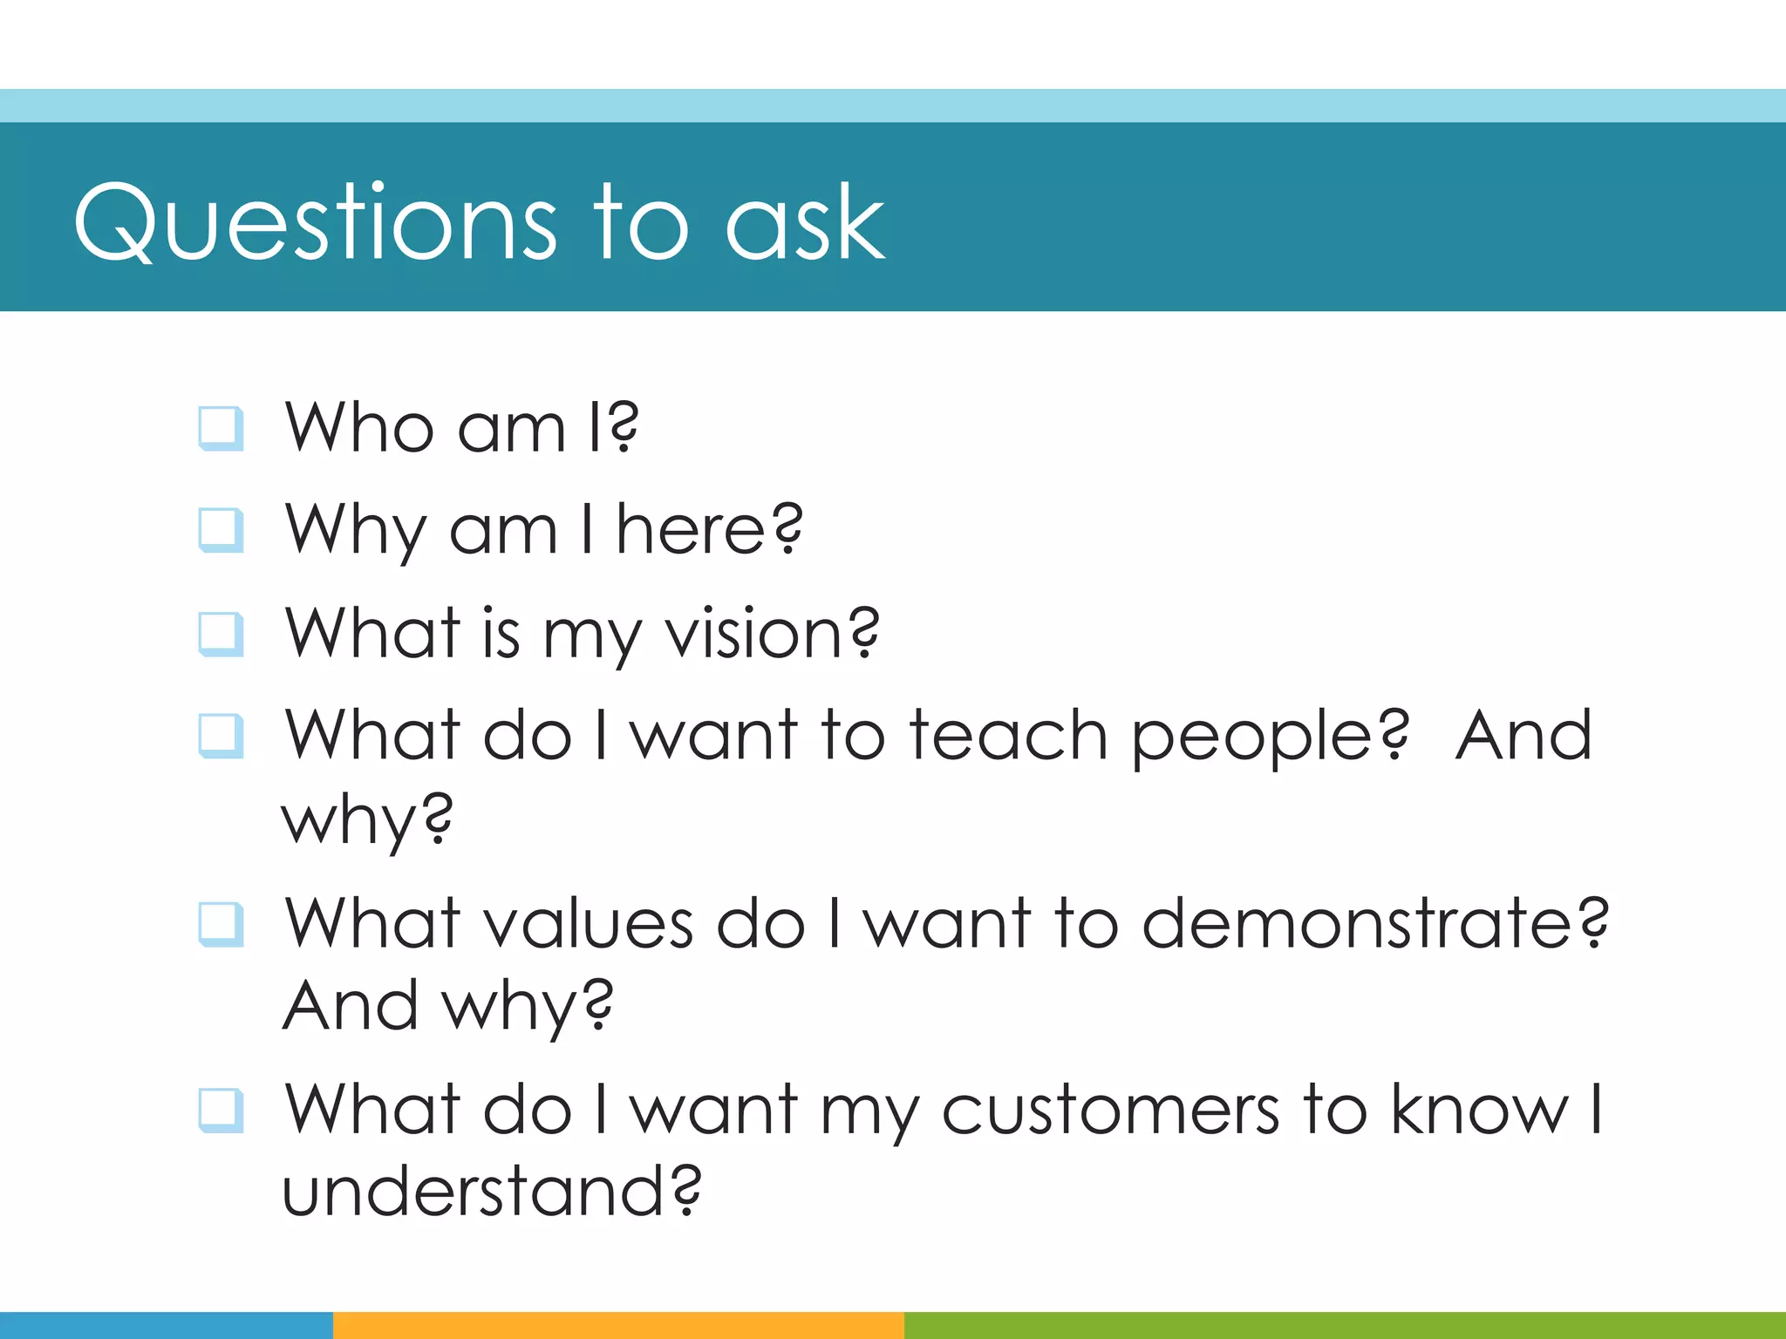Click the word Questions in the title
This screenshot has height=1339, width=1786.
(314, 222)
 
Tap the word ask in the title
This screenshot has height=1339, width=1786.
(804, 222)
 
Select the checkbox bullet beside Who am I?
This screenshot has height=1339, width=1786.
(221, 428)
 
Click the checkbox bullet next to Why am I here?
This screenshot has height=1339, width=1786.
(221, 530)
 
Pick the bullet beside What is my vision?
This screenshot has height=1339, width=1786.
(221, 633)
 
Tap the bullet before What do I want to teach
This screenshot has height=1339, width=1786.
(221, 736)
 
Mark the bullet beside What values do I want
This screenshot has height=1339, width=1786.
(221, 923)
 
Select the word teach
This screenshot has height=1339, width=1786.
(1008, 736)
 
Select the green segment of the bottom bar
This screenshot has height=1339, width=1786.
(1343, 1325)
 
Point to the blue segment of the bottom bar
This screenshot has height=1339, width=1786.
(166, 1325)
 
